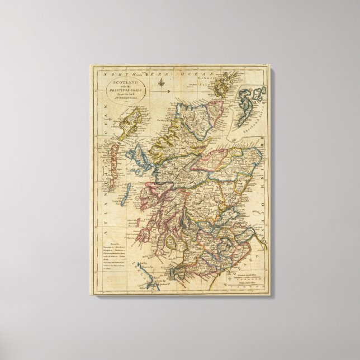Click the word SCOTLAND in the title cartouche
[x=119, y=82]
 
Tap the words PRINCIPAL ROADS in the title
[x=119, y=89]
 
